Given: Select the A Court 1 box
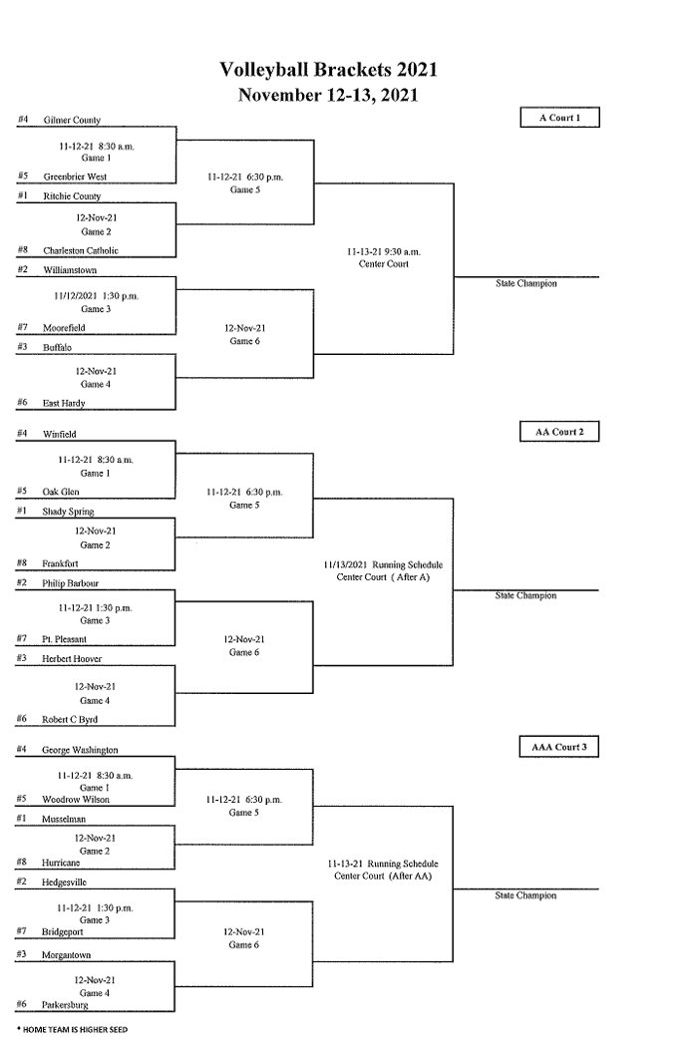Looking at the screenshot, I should point(559,118).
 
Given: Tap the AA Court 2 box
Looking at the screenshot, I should point(559,432).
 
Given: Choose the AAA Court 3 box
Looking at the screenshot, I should point(559,746).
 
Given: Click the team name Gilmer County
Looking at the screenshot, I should point(72,121).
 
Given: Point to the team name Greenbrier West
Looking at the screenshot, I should point(75,177).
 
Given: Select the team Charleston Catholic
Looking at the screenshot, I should point(81,251).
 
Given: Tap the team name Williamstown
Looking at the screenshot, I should point(70,270).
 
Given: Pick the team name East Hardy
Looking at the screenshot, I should point(64,403).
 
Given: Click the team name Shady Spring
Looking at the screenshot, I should point(69,512).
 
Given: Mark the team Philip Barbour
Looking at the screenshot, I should point(71,583).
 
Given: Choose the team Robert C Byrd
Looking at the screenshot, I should point(70,719).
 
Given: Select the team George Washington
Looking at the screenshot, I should point(80,749).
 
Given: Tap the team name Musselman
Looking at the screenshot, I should point(65,819).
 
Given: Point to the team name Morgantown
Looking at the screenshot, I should point(67,955).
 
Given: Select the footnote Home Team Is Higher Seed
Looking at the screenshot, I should point(72,1029).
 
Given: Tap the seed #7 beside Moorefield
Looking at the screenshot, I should point(22,326).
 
